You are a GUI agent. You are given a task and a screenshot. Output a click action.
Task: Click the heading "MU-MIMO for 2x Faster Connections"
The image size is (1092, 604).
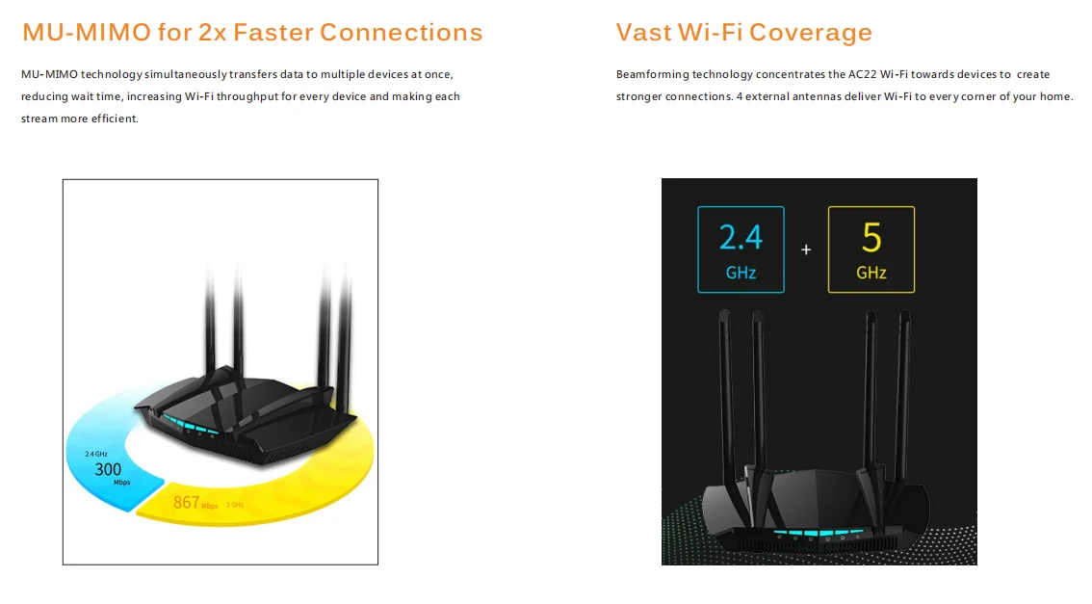[x=251, y=33]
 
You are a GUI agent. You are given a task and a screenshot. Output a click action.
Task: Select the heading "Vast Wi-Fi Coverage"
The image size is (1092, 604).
[x=743, y=33]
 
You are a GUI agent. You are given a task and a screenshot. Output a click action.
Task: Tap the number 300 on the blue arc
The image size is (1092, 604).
[x=108, y=469]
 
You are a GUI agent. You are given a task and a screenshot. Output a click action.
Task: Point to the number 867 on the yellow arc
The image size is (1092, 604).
[x=186, y=502]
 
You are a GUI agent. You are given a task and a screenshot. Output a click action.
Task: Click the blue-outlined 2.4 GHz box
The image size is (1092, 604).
[x=741, y=249]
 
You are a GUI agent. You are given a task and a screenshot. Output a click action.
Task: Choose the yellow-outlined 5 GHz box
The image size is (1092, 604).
[x=871, y=249]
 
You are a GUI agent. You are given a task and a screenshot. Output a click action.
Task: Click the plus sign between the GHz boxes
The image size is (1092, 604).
[x=806, y=249]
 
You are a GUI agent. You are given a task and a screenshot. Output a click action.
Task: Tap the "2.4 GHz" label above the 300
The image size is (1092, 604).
[x=95, y=453]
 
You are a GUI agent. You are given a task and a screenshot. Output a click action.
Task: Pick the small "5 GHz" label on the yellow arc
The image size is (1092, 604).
[x=236, y=505]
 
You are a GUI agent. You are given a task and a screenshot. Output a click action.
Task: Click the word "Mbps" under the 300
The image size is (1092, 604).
[x=121, y=482]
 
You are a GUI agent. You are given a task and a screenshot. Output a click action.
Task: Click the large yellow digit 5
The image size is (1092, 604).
[x=871, y=237]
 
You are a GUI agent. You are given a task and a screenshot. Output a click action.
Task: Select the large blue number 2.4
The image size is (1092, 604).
[x=741, y=237]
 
